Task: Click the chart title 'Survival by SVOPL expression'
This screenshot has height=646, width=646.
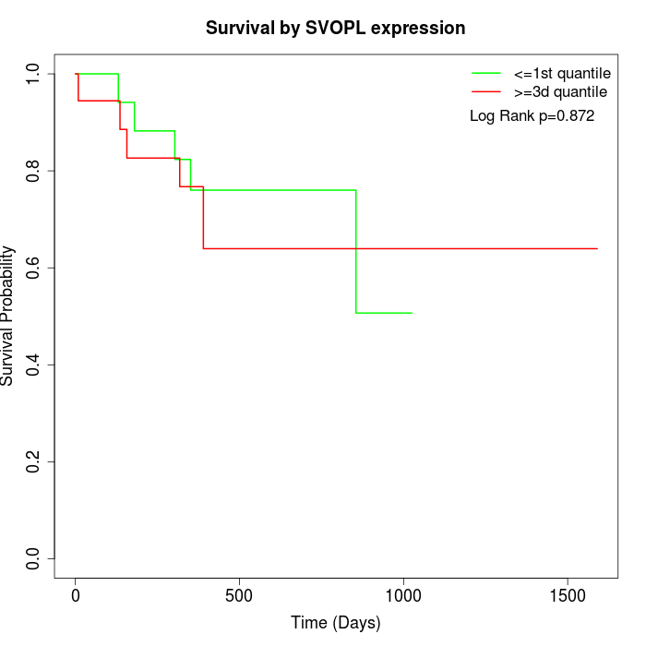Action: point(335,28)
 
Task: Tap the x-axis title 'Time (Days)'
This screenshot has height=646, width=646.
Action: point(335,623)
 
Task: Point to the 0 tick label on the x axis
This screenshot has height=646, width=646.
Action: point(76,595)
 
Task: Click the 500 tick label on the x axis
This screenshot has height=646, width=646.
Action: point(239,595)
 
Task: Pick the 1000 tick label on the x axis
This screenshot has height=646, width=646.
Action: point(403,595)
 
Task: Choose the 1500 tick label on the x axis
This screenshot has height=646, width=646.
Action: point(567,595)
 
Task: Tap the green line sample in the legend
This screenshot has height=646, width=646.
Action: point(486,73)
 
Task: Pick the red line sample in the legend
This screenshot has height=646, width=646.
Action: point(486,91)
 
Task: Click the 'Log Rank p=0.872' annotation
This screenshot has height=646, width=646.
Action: point(532,116)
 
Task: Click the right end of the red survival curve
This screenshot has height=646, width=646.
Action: point(597,248)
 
